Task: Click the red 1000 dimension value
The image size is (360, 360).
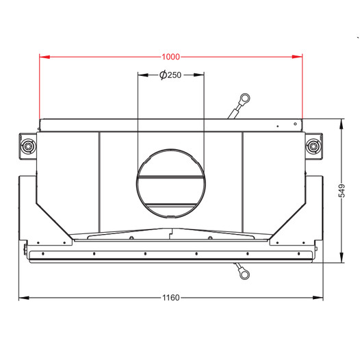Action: click(x=171, y=57)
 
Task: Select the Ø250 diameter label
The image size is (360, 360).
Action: click(x=170, y=75)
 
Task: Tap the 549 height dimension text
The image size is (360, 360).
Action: click(x=342, y=190)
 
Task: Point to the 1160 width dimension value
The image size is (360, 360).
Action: click(x=171, y=298)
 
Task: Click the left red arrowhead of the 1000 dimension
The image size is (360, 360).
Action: click(x=44, y=57)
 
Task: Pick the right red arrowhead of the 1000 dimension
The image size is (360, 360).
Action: click(x=297, y=57)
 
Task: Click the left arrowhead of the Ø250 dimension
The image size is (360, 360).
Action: click(x=143, y=75)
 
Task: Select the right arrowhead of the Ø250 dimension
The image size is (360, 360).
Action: click(x=199, y=75)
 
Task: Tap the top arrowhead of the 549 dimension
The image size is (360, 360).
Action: click(x=342, y=124)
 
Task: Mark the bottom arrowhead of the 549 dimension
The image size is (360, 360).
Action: click(x=342, y=257)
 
